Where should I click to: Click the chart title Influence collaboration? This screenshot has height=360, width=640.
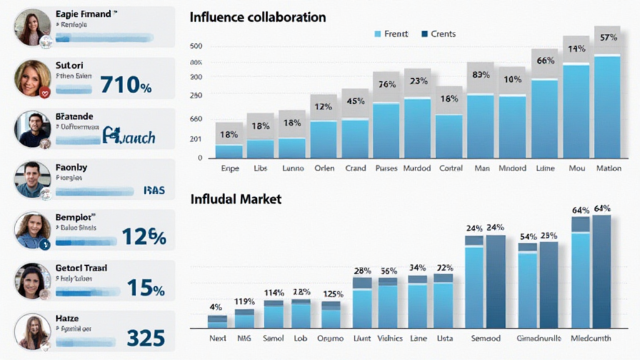[x=257, y=17]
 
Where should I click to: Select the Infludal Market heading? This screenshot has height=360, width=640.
[x=235, y=199]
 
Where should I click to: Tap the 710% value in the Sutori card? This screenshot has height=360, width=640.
[x=126, y=84]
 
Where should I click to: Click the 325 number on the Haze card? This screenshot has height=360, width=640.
[x=146, y=337]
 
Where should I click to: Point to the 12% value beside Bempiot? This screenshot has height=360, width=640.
[x=144, y=237]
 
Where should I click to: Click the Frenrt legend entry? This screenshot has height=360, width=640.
[x=391, y=34]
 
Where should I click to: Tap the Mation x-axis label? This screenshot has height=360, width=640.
[x=608, y=168]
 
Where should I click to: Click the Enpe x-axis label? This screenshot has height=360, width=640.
[x=230, y=168]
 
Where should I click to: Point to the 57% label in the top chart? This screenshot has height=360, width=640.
[x=608, y=37]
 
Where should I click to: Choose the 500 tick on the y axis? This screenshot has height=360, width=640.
[x=196, y=46]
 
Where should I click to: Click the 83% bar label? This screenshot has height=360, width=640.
[x=481, y=75]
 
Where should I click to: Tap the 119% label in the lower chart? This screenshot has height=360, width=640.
[x=244, y=301]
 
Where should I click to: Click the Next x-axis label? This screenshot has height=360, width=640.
[x=217, y=338]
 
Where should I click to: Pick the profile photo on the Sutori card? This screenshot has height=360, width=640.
[x=32, y=78]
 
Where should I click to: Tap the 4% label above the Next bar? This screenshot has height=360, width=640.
[x=216, y=307]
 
